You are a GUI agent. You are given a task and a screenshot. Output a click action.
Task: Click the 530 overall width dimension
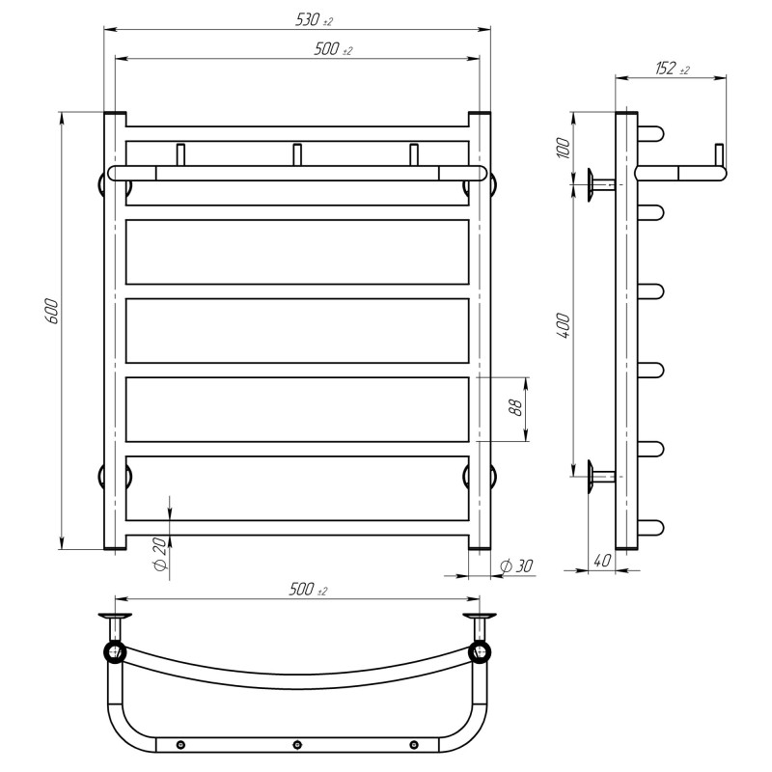(x=314, y=19)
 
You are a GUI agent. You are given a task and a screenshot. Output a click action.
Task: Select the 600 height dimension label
(x=52, y=311)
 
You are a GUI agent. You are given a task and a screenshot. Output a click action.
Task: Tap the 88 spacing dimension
(x=515, y=407)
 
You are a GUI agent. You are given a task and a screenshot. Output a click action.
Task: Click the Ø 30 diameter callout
(x=516, y=566)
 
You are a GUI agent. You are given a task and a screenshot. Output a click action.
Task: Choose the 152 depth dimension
(x=672, y=68)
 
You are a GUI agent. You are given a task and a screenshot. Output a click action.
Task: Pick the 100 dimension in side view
(x=565, y=148)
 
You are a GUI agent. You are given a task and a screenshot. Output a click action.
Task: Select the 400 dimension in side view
(x=565, y=325)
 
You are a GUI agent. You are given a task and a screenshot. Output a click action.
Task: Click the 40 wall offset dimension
(x=601, y=561)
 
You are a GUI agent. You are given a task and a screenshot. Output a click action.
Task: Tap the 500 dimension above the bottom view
(x=308, y=589)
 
